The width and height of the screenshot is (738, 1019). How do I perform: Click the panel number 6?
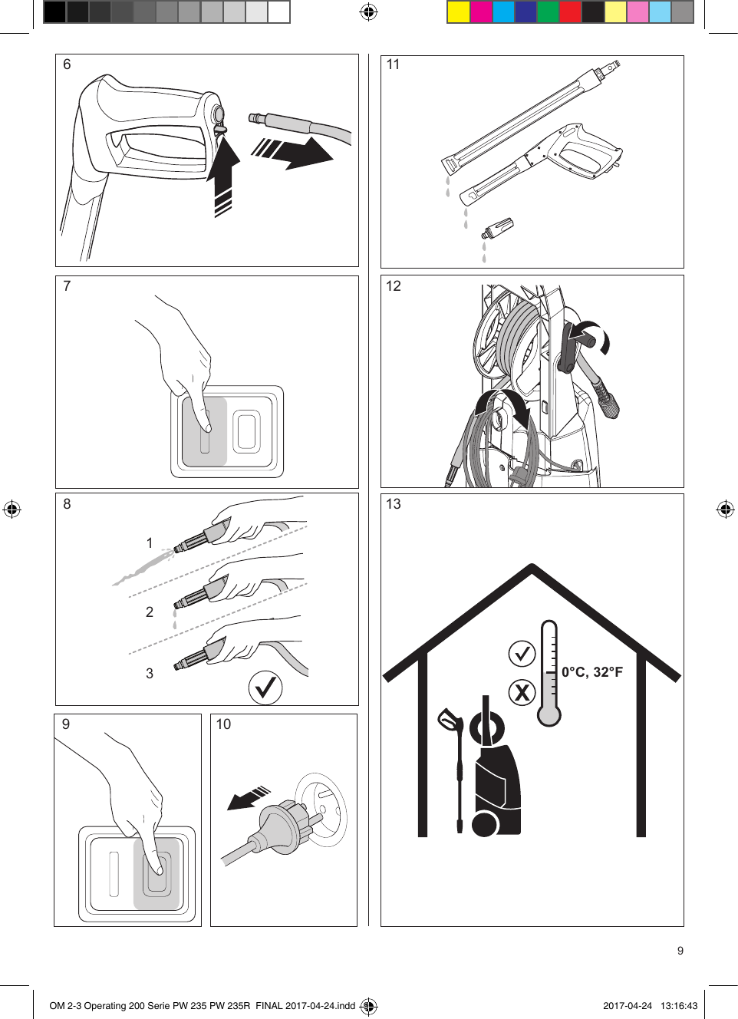pos(67,64)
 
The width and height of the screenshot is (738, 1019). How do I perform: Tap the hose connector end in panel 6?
pos(259,119)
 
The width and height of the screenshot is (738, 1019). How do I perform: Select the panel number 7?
pos(67,286)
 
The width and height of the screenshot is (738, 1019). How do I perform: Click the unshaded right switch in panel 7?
pos(247,431)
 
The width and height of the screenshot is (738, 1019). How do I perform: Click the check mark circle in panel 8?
pos(265,687)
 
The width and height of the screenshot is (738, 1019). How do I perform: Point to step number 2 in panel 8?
pos(150,612)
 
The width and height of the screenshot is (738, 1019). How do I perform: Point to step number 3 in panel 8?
pos(150,674)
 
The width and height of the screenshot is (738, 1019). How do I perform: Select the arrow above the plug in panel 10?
pos(249,798)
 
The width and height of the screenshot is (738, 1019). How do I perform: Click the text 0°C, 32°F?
pos(591,672)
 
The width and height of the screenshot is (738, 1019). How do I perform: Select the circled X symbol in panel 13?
pos(522,692)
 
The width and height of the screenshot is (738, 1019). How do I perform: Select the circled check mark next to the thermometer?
pos(522,654)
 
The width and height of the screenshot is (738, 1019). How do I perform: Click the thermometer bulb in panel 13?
pos(549,715)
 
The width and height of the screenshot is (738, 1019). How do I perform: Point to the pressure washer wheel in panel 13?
pos(484,825)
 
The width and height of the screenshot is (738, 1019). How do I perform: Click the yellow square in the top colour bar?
pos(458,12)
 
